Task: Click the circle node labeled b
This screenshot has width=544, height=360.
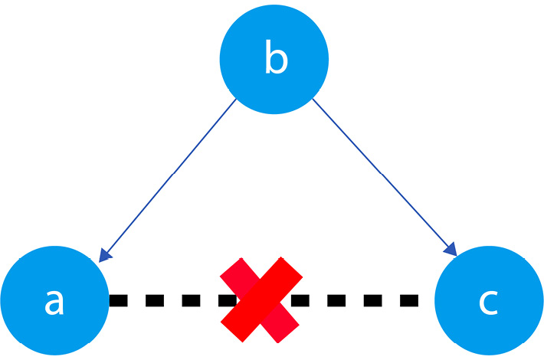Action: coord(274,59)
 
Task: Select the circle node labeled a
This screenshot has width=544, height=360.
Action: coord(54,300)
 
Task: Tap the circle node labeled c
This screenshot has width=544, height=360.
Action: coord(489,300)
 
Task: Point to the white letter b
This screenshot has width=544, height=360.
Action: coord(277,57)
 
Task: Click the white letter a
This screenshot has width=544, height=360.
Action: coord(54,303)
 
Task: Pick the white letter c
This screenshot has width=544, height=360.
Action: coord(489,303)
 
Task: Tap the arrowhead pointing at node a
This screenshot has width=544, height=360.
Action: coord(104,256)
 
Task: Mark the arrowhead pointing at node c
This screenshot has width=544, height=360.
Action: coord(451,250)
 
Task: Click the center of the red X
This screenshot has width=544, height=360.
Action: coord(261,300)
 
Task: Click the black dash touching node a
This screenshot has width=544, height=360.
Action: coord(118,300)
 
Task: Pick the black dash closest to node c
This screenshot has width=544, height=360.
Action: coord(409,300)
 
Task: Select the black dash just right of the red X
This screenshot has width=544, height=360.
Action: coord(300,300)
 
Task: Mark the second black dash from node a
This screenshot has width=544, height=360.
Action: coord(155,300)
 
